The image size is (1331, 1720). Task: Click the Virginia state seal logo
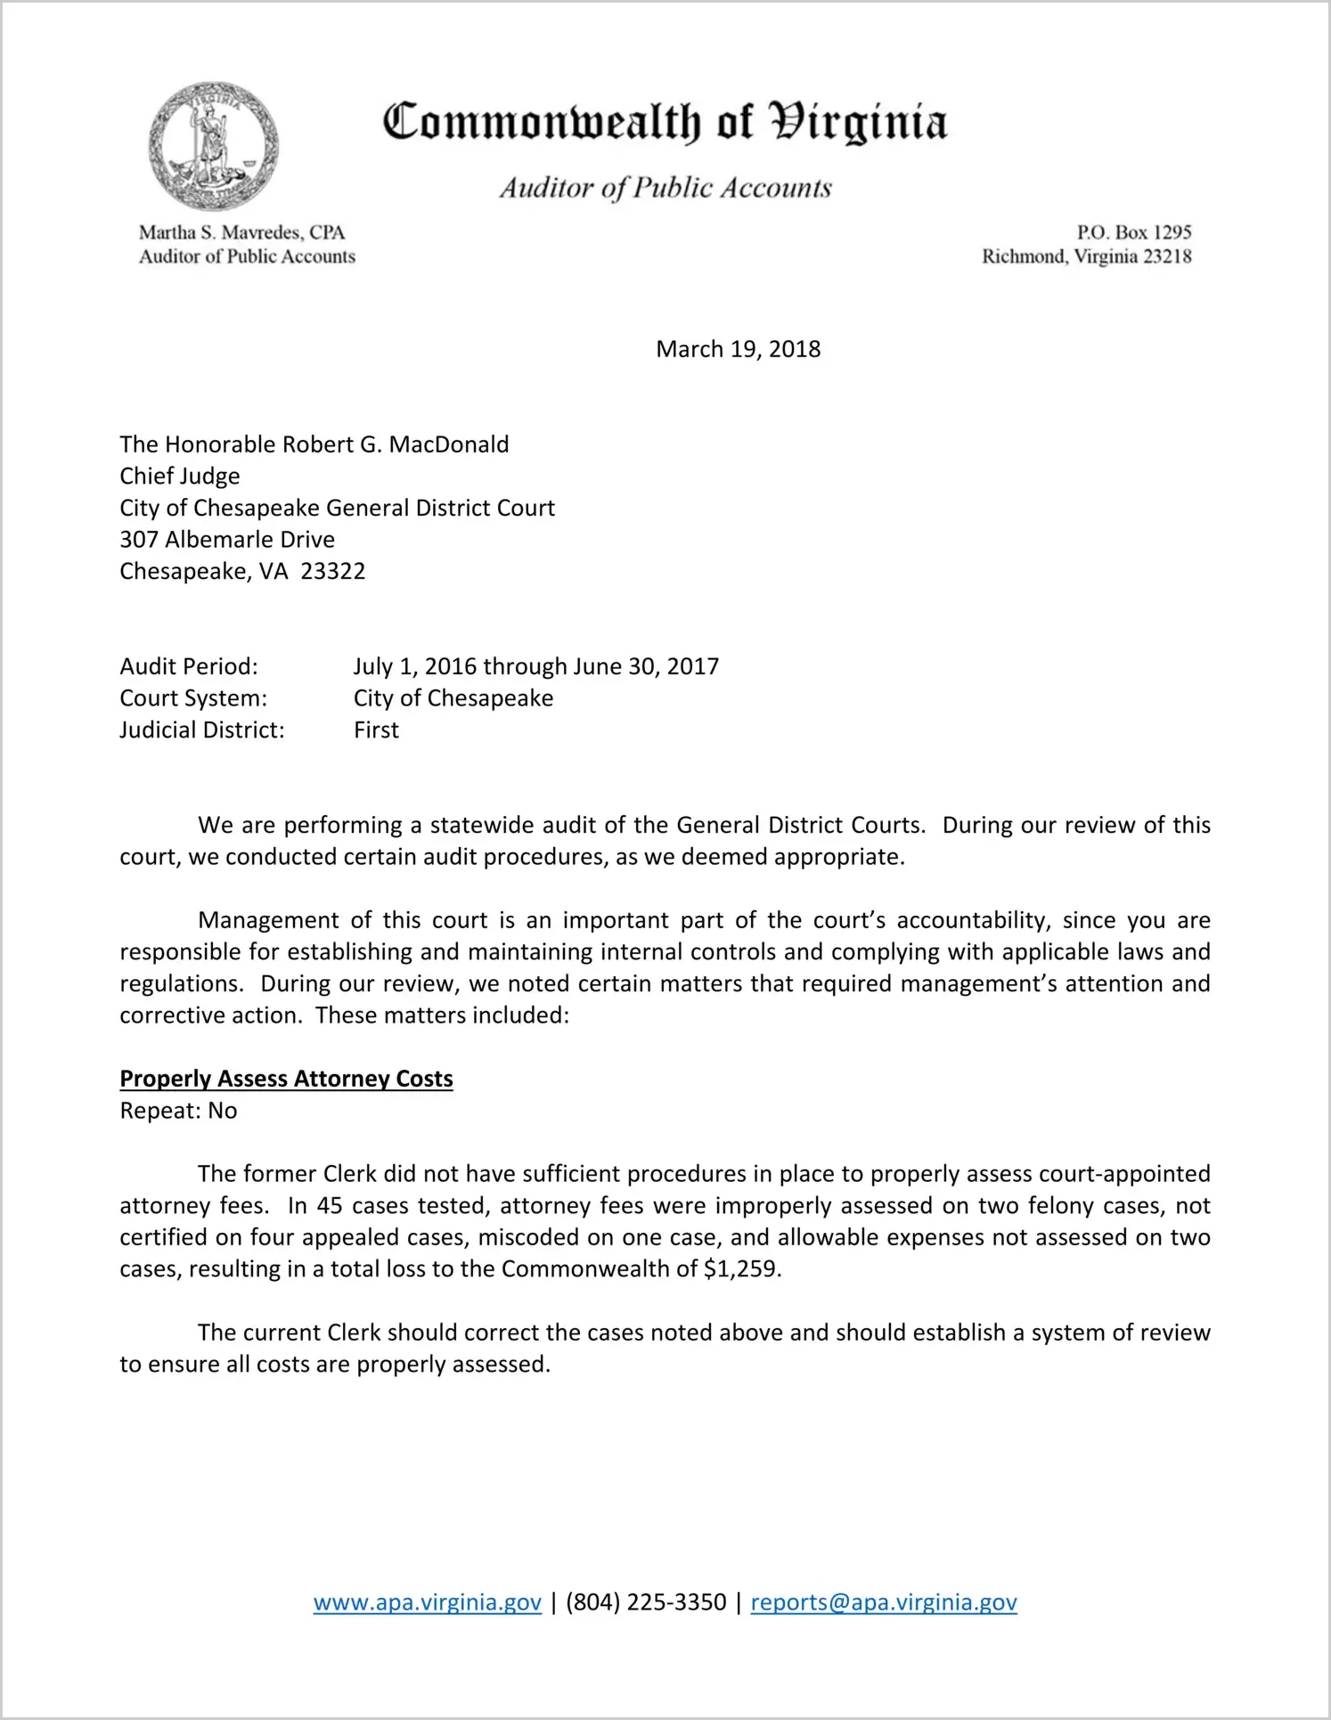coord(213,146)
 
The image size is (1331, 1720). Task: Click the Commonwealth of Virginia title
coord(665,122)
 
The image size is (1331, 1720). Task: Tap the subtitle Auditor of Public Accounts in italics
coord(665,188)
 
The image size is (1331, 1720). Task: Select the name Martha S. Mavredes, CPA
coord(241,232)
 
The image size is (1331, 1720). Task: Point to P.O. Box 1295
coord(1133,232)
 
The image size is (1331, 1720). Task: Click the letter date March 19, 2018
coord(738,349)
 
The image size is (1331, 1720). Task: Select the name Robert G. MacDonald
coord(396,444)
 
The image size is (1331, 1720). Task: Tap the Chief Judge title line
coord(180,477)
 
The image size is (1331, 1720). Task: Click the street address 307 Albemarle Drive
coord(227,540)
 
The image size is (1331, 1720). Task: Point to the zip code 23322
coord(333,571)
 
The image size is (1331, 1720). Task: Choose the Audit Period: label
coord(189,666)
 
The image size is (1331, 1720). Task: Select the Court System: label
coord(193,698)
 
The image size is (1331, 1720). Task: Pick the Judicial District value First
coord(376,730)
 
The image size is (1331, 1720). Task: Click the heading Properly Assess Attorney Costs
coord(286,1079)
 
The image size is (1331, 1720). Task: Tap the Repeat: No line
coord(178,1111)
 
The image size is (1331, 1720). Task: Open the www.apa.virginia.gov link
coord(427,1602)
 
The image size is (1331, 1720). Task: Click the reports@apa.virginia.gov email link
coord(883,1602)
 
